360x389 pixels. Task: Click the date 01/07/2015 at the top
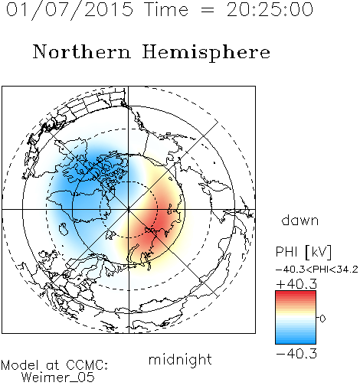click(x=70, y=9)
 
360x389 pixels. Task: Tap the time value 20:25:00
click(x=270, y=9)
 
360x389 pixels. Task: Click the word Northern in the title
click(x=82, y=51)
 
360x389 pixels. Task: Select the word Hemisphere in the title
click(x=206, y=53)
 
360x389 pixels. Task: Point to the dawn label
click(x=300, y=220)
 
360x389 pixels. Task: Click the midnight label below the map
click(x=180, y=359)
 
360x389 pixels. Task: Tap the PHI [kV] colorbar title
click(x=304, y=252)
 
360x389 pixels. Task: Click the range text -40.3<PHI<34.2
click(x=317, y=270)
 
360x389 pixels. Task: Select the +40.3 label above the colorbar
click(x=296, y=284)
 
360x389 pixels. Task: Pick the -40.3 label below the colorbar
click(x=296, y=354)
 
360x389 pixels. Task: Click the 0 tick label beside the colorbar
click(x=322, y=319)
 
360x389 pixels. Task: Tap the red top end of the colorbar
click(x=296, y=293)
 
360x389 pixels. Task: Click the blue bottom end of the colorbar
click(x=296, y=342)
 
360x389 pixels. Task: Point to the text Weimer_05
click(x=58, y=378)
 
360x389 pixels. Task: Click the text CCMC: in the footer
click(x=87, y=365)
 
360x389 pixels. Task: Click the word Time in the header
click(x=166, y=9)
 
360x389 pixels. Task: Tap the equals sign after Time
click(x=208, y=10)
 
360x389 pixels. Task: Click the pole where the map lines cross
click(x=129, y=210)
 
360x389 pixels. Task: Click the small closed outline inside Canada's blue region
click(x=63, y=229)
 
